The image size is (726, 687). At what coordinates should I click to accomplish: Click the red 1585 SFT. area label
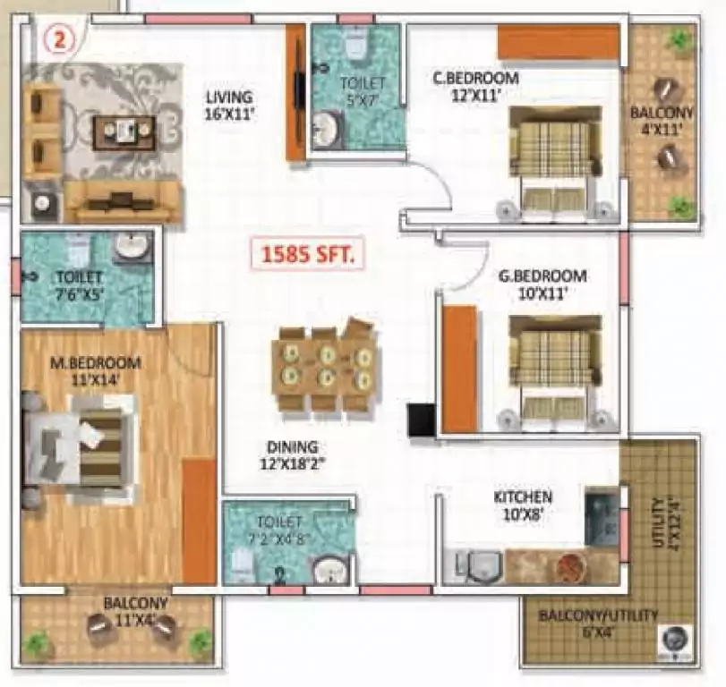pos(308,256)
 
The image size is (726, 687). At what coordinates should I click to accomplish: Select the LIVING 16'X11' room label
pos(228,106)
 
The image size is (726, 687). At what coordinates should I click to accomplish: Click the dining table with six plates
pos(324,367)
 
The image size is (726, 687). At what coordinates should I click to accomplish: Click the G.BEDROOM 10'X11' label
pos(542,283)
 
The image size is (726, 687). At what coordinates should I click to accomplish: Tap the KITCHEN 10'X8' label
pos(523,505)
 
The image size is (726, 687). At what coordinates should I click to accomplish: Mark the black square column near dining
pos(421,420)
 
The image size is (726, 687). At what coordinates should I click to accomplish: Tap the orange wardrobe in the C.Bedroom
pos(558,42)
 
